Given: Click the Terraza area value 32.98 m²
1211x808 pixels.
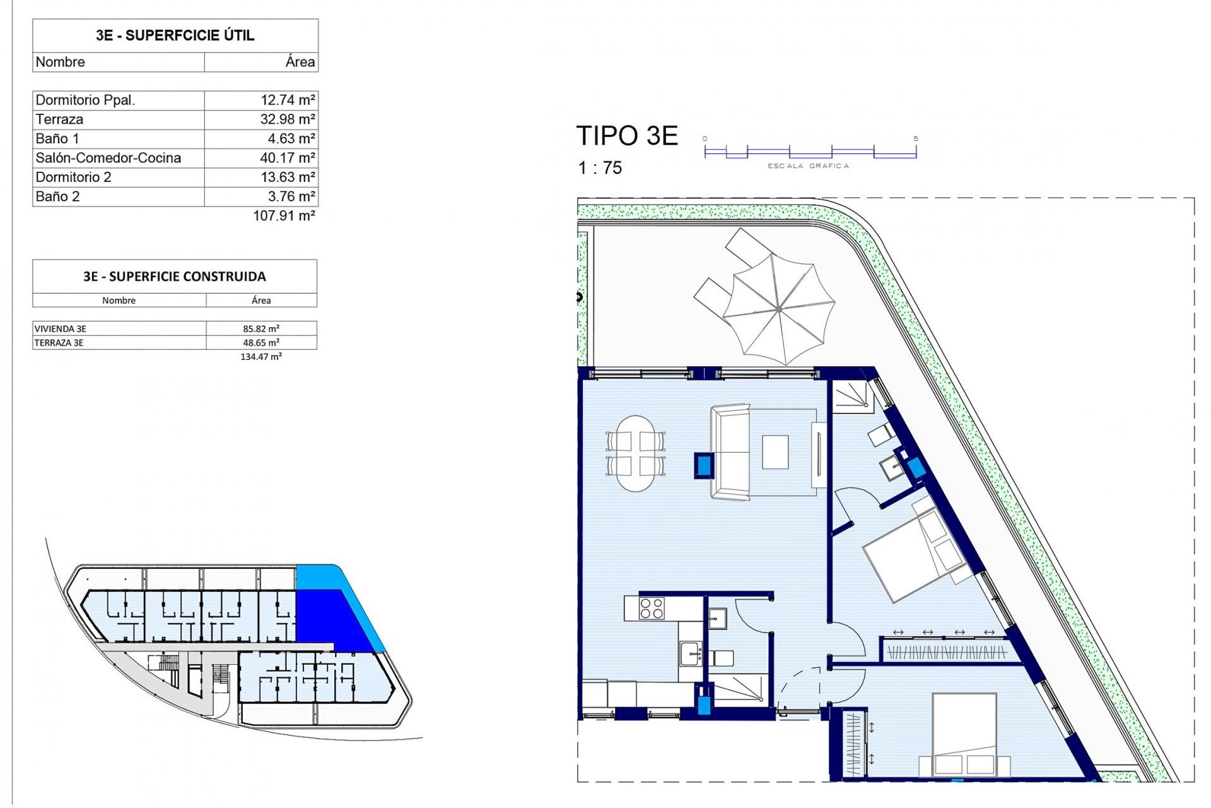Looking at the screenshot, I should coord(287,119).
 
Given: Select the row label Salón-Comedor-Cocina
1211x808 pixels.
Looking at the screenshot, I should coord(108,158).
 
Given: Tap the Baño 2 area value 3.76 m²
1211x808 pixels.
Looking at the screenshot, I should coord(291,196).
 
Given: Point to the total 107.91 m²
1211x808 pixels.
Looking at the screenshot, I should coord(283,216).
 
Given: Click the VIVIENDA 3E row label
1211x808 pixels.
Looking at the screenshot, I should coord(60,329).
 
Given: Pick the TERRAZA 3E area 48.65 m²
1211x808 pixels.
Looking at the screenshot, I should coord(260,343).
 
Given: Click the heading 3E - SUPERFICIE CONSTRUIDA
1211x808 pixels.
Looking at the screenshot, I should coord(174,276).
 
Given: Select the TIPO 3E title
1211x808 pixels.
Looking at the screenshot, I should coord(626,136).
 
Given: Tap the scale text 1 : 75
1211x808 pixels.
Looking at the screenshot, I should coord(599,168).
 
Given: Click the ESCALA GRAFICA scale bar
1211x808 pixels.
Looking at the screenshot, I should coord(810,151).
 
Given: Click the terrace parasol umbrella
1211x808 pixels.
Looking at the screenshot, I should coord(779,309).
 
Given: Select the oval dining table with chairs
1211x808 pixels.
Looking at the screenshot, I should coord(635,453).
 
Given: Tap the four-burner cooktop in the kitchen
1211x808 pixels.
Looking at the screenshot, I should coord(651,608).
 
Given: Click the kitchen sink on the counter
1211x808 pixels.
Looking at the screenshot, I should coord(691,654).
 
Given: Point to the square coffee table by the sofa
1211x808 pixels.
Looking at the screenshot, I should coord(775,452).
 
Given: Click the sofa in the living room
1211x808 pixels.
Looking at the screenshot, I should coord(730,453).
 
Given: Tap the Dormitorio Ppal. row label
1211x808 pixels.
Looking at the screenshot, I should coord(85,100).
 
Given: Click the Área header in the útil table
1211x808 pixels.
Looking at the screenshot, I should coord(300,62).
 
